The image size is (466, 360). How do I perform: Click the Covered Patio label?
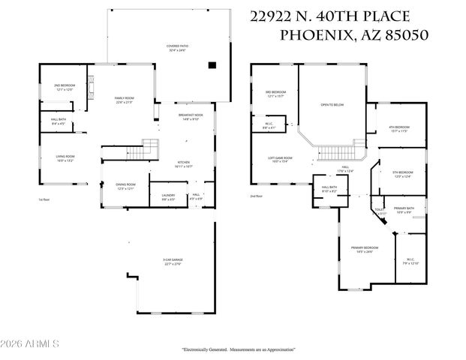pos(178,46)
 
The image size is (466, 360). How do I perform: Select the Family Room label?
pos(124,99)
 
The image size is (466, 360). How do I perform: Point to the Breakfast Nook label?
pos(189,116)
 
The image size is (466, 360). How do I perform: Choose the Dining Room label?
pos(125,186)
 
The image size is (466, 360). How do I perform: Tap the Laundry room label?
pos(167,196)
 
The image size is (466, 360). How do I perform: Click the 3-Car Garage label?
pos(173,262)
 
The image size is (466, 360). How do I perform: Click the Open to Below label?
pos(332,105)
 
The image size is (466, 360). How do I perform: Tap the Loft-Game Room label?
pos(280,159)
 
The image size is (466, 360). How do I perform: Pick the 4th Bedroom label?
pos(398,128)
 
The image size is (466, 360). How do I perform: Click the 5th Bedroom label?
pos(403,174)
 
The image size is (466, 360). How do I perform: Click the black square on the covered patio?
pos(212,65)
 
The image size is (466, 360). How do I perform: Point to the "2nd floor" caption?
pos(256,196)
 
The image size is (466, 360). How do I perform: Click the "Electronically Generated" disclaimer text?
pos(238,349)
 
